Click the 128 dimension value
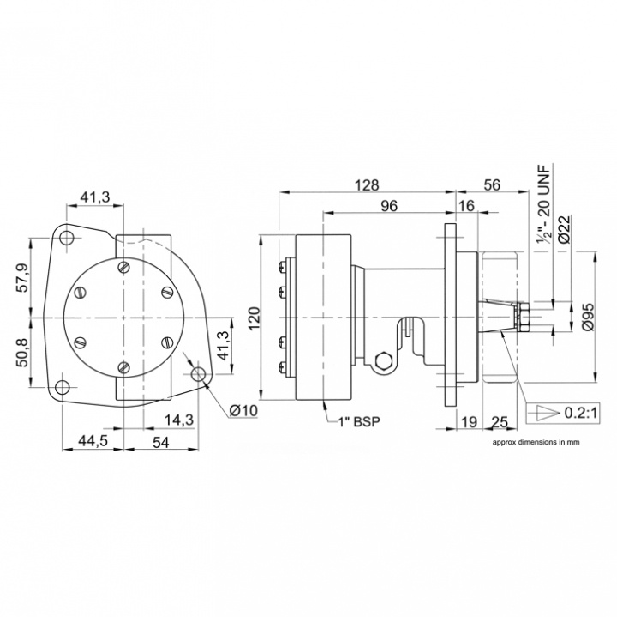pyautogui.click(x=368, y=184)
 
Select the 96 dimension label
pyautogui.click(x=389, y=206)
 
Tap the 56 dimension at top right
pyautogui.click(x=492, y=184)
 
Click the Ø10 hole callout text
pyautogui.click(x=243, y=410)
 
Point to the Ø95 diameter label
pyautogui.click(x=589, y=316)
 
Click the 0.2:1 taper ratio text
pyautogui.click(x=580, y=413)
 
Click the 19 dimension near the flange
pyautogui.click(x=468, y=422)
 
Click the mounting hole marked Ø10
pyautogui.click(x=198, y=374)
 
